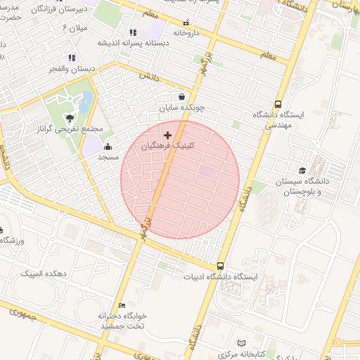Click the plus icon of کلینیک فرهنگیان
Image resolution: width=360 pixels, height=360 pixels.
[x=167, y=134]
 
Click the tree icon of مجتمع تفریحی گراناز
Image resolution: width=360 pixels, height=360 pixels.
[x=69, y=117]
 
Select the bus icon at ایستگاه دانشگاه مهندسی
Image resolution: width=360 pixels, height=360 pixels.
[x=279, y=104]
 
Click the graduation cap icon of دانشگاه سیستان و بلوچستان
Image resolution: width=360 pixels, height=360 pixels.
[x=302, y=170]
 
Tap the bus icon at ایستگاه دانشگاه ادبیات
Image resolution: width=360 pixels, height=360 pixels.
[x=221, y=266]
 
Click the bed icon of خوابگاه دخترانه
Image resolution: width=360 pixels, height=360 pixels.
[x=122, y=306]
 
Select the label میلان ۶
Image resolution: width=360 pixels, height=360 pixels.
[x=74, y=27]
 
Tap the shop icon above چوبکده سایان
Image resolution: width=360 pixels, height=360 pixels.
[x=182, y=97]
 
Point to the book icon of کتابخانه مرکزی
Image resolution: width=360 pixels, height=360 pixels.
[x=242, y=343]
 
